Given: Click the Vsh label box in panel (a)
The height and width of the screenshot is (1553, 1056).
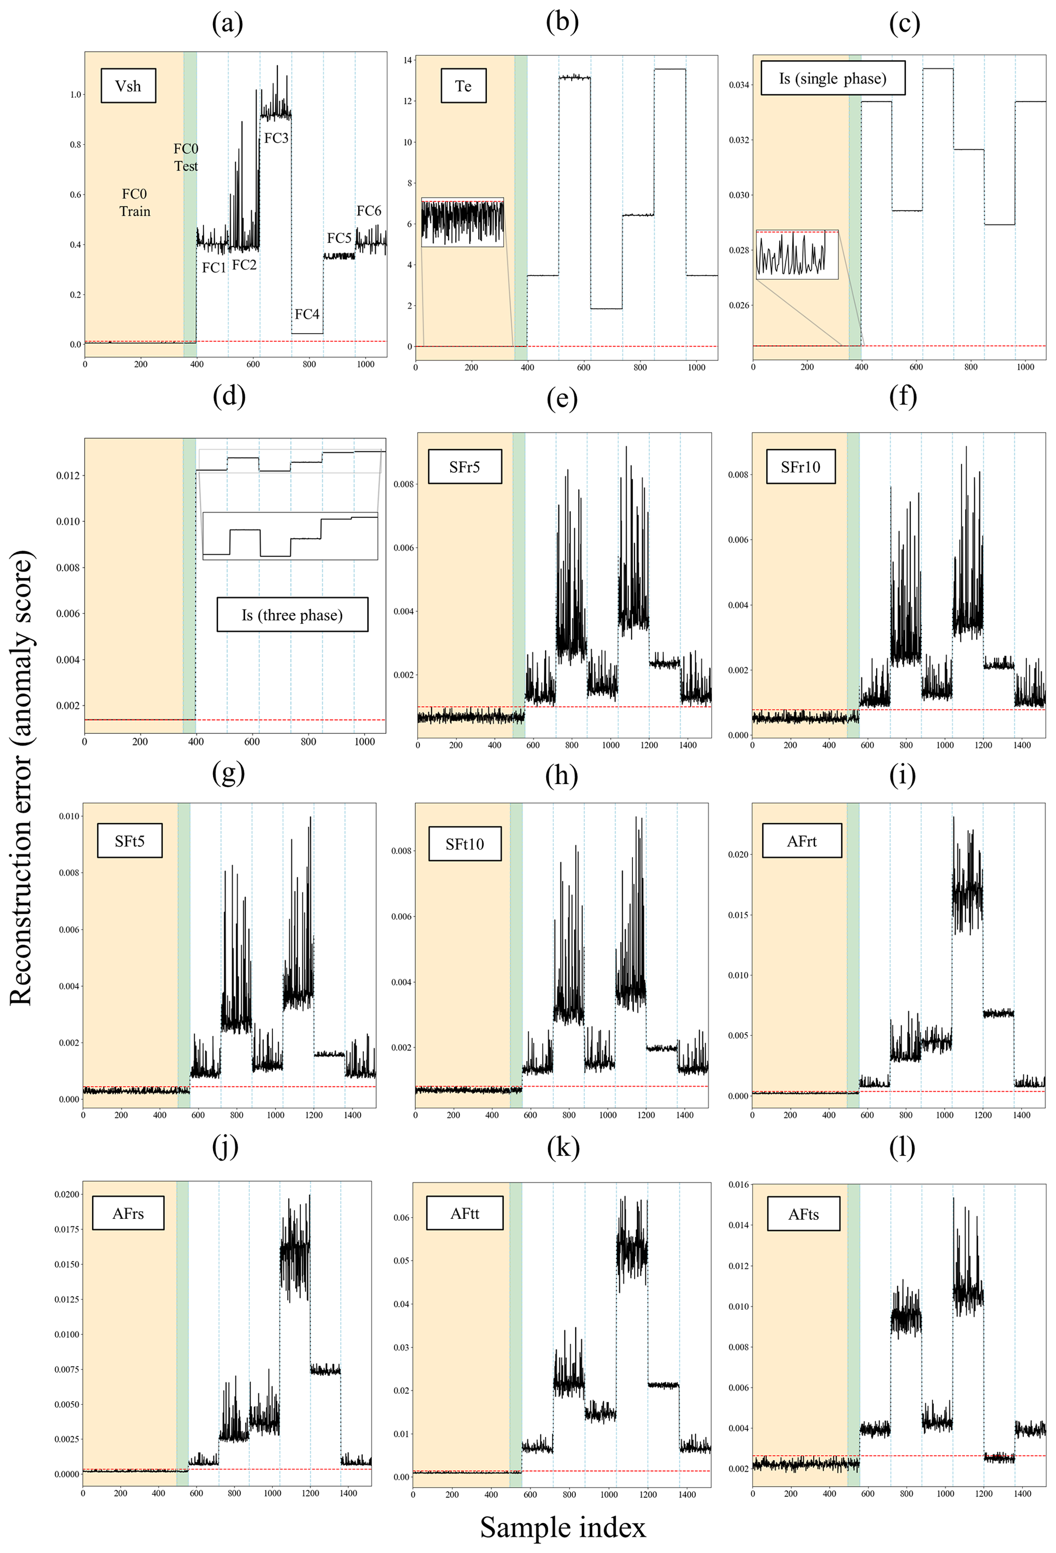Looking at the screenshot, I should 128,85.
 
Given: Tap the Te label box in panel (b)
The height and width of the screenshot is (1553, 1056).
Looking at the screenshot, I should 463,85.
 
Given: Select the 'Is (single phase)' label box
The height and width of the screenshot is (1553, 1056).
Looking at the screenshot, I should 832,78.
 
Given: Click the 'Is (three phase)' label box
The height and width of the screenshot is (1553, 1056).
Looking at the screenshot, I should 292,614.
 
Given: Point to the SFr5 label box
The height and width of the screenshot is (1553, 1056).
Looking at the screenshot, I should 464,467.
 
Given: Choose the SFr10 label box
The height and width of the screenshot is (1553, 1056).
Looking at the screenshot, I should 800,467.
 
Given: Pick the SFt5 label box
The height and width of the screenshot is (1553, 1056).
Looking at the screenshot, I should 130,841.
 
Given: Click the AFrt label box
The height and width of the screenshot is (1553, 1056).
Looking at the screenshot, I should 802,841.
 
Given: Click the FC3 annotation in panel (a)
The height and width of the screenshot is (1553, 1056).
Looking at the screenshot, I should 276,138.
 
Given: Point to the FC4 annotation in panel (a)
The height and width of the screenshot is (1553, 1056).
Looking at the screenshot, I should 307,314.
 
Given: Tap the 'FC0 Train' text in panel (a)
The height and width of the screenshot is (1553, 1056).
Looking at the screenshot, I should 134,202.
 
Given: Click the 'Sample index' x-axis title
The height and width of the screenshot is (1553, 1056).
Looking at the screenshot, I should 562,1527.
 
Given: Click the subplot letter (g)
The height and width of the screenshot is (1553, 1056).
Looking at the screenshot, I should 228,773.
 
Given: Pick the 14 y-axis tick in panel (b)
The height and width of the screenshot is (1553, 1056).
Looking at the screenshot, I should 407,60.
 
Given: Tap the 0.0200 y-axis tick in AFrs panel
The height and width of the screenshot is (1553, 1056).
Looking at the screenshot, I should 67,1194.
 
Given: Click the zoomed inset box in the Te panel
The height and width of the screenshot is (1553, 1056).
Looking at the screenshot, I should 462,222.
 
